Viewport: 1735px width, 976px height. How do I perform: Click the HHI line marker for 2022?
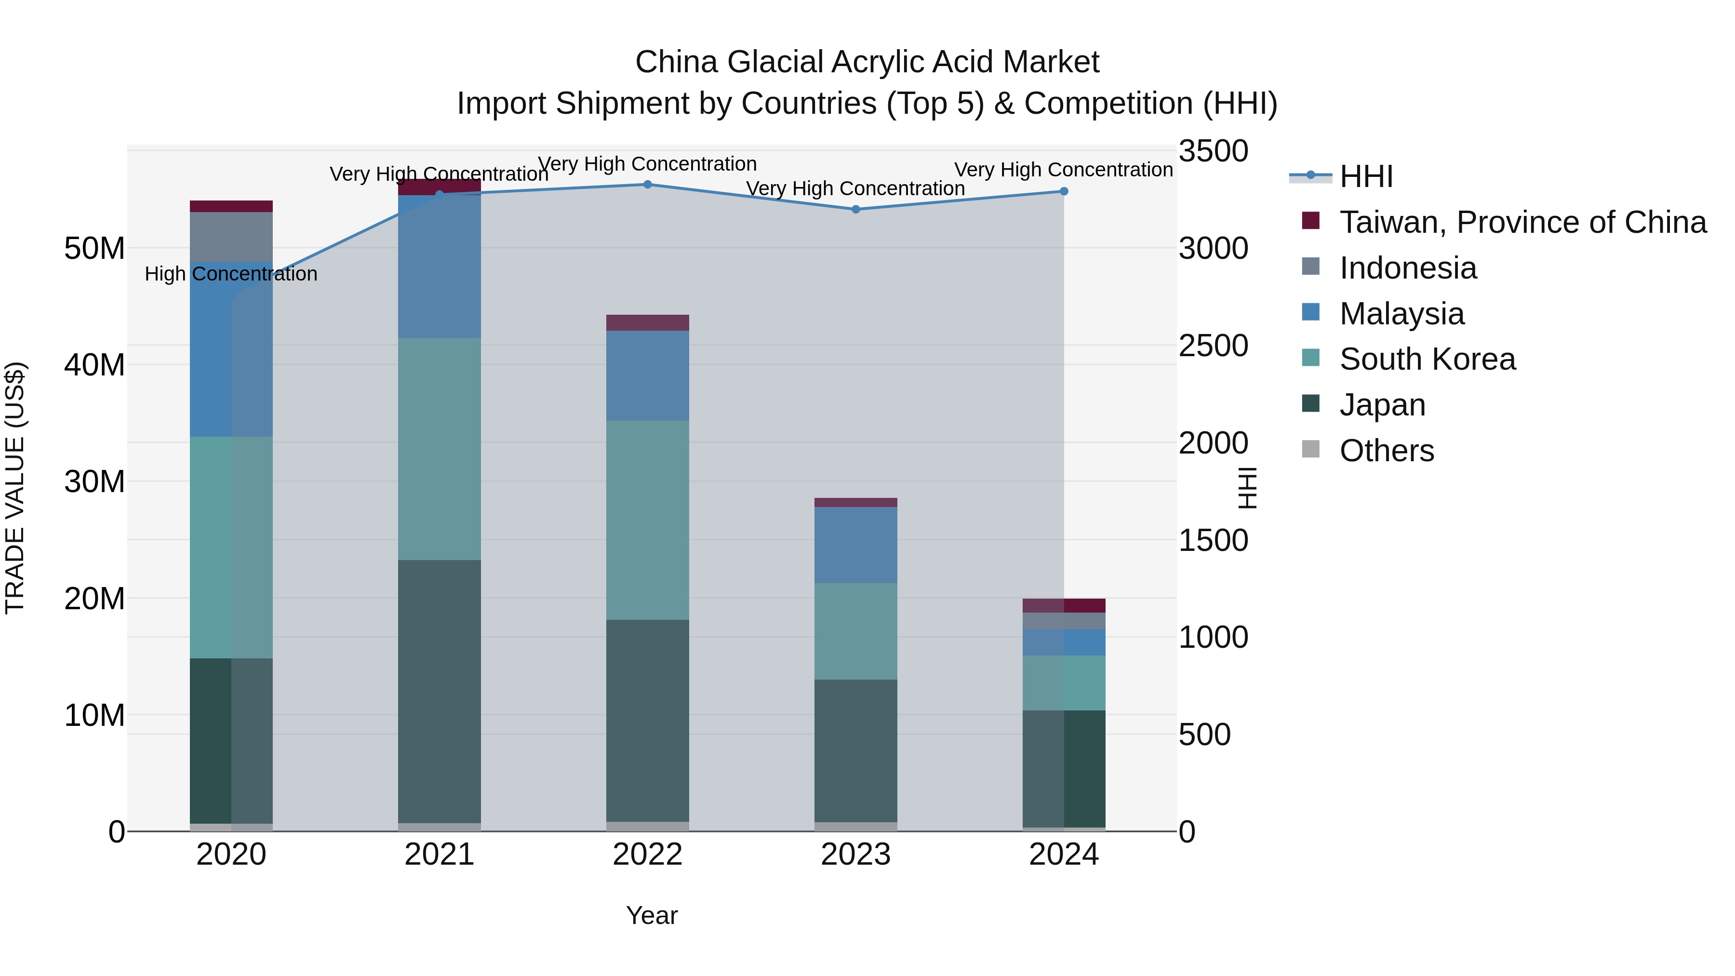point(647,185)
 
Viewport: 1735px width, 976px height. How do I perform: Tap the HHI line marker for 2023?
point(855,210)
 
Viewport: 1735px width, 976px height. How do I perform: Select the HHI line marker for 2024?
point(1064,191)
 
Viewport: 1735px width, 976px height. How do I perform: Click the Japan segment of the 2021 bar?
point(439,690)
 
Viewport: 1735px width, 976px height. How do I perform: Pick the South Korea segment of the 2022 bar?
point(647,520)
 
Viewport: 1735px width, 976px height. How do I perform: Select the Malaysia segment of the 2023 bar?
point(855,545)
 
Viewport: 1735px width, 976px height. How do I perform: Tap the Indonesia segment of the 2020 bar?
point(231,237)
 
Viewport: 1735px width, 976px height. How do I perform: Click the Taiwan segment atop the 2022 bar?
point(647,322)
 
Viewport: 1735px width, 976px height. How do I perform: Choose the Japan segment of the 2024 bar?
point(1064,768)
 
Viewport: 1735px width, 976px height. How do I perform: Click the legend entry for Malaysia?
point(1401,314)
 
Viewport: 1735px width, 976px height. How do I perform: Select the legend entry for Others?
point(1386,451)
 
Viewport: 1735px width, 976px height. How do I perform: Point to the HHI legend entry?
point(1365,176)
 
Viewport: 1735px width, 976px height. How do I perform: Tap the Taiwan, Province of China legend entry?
point(1522,222)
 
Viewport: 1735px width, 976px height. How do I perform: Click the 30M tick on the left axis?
point(94,481)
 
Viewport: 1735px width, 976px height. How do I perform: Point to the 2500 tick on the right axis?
point(1213,346)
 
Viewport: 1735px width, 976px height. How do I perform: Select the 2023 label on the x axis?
point(855,855)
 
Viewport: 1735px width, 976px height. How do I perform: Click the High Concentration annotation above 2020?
point(231,274)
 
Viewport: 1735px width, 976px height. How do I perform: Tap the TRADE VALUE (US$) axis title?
point(15,488)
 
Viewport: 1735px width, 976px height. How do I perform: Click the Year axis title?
point(651,915)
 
